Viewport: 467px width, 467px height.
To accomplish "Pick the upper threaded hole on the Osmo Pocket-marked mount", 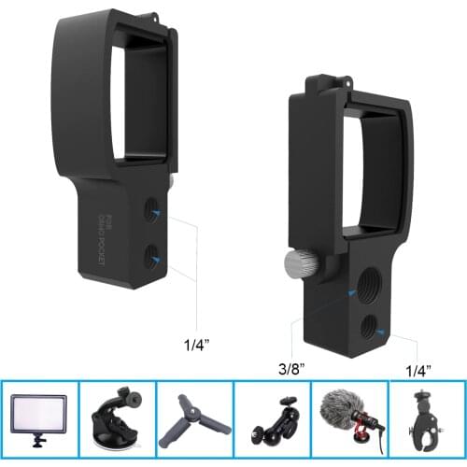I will point(151,214).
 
